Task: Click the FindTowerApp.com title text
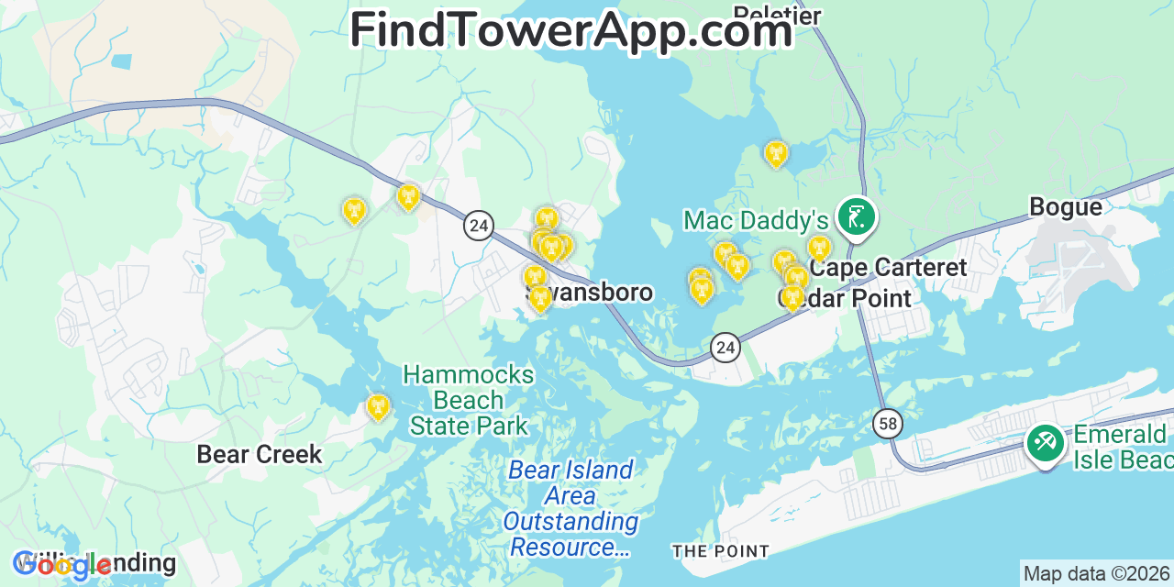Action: coord(570,30)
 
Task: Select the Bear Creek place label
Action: coord(260,454)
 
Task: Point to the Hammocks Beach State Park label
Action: coord(469,400)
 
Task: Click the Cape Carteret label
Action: coord(888,268)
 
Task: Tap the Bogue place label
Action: coord(1066,207)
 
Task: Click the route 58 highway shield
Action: coord(888,423)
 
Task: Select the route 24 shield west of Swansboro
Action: coord(479,225)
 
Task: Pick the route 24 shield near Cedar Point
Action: coord(725,348)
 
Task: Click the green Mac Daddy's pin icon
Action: coord(857,217)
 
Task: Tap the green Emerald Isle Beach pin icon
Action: coord(1045,443)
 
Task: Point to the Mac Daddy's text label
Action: coord(756,220)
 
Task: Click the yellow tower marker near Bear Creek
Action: coord(378,406)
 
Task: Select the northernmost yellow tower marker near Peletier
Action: coord(776,153)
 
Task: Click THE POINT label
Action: coord(720,551)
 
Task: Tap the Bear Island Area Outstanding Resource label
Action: coord(570,508)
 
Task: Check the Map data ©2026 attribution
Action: coord(1096,574)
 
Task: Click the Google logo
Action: coord(61,564)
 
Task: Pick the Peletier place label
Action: coord(777,14)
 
